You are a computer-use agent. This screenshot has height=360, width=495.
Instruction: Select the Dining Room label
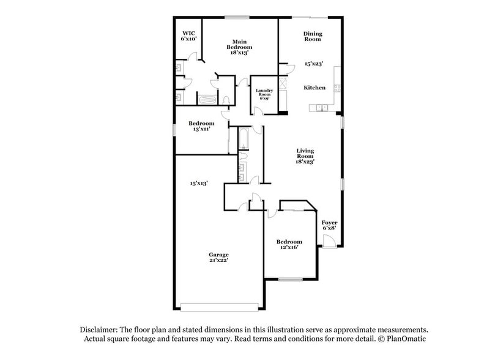pyautogui.click(x=313, y=37)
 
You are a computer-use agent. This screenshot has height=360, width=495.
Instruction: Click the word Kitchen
pyautogui.click(x=314, y=88)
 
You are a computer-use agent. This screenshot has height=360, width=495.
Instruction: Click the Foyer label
pyautogui.click(x=329, y=225)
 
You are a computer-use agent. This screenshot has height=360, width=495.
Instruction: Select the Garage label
pyautogui.click(x=218, y=255)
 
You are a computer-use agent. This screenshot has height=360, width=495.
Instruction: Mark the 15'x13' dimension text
pyautogui.click(x=199, y=183)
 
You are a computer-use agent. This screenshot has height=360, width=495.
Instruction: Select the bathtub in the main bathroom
pyautogui.click(x=207, y=100)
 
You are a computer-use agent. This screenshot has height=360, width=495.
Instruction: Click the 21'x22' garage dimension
pyautogui.click(x=218, y=261)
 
